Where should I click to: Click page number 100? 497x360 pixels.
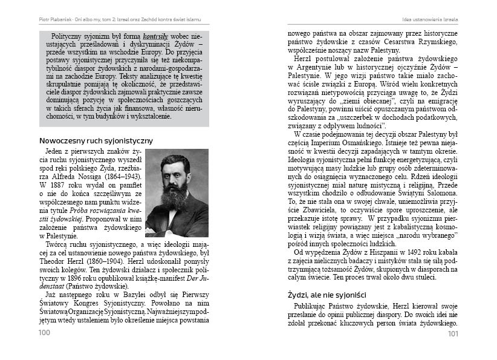[x=44, y=333]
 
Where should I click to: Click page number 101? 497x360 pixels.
[x=453, y=333]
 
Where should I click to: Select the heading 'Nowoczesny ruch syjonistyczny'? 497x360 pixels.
[x=96, y=140]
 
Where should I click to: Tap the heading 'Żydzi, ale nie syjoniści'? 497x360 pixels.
[x=327, y=295]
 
